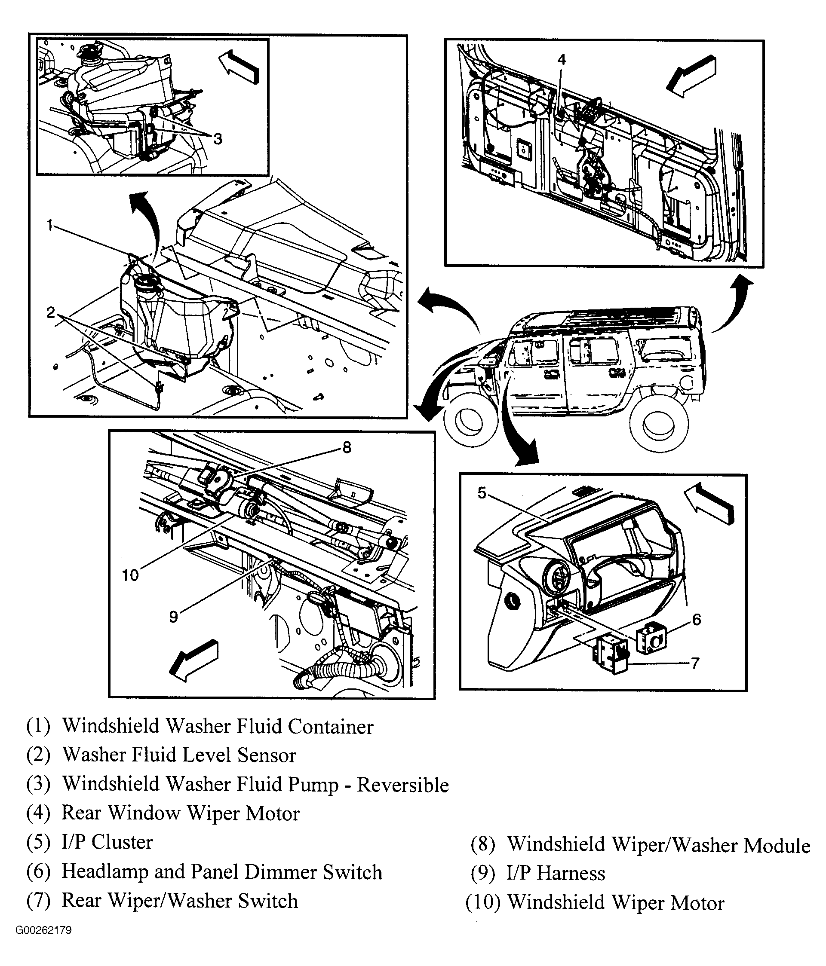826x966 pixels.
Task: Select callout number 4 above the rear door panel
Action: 562,59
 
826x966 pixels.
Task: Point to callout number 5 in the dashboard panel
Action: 482,492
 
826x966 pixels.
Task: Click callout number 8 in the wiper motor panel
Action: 347,448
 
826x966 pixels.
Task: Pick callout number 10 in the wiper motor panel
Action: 130,575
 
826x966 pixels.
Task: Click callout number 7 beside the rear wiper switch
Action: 695,663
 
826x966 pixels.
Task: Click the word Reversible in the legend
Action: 402,785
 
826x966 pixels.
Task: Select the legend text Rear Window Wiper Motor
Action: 181,813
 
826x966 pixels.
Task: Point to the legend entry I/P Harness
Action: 556,873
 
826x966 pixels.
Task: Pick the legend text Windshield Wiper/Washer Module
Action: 659,845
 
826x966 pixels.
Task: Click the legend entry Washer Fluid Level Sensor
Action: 180,755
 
